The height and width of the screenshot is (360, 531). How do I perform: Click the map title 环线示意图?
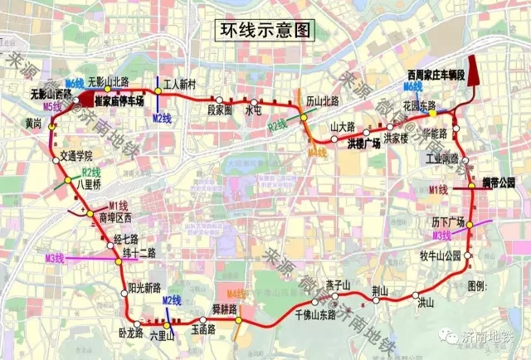coord(265,32)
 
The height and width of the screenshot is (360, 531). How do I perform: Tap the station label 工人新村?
coord(178,85)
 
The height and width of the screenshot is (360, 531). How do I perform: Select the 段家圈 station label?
coord(221,109)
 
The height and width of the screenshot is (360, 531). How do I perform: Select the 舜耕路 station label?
coord(226,308)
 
